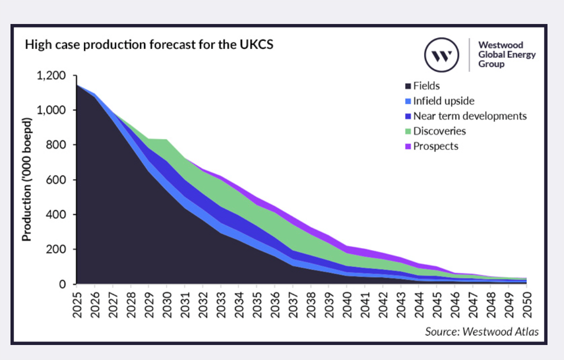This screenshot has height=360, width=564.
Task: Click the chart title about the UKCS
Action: pyautogui.click(x=149, y=45)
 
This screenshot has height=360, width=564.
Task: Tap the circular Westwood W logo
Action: pyautogui.click(x=441, y=54)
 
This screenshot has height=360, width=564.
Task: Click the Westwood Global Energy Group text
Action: pyautogui.click(x=506, y=54)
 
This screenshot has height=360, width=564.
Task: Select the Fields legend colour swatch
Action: pyautogui.click(x=407, y=86)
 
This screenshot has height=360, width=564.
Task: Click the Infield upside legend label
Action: pyautogui.click(x=443, y=101)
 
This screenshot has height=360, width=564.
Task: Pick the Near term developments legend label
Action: pyautogui.click(x=469, y=116)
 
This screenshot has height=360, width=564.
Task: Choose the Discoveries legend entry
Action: pyautogui.click(x=439, y=131)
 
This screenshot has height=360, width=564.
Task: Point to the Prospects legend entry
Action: pyautogui.click(x=435, y=146)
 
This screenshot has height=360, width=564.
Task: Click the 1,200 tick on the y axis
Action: pyautogui.click(x=51, y=75)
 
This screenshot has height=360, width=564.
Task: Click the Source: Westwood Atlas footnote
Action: pyautogui.click(x=481, y=331)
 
